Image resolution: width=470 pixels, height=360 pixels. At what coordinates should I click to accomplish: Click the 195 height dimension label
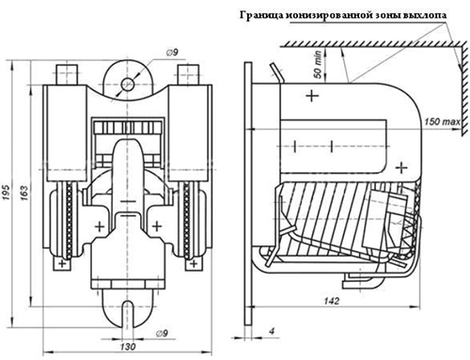click(x=7, y=193)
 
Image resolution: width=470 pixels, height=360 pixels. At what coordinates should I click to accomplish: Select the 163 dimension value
click(x=23, y=193)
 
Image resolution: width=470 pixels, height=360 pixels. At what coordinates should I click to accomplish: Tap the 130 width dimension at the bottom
click(x=128, y=347)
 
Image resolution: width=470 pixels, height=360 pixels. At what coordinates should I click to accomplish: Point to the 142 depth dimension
click(x=332, y=301)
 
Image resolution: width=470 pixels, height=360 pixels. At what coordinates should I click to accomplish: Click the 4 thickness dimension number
click(x=272, y=331)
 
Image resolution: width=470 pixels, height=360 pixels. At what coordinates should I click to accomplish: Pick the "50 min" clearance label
click(x=318, y=64)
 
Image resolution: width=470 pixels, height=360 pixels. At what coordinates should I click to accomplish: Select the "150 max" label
click(x=442, y=121)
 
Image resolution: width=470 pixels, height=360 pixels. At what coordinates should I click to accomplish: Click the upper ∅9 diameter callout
click(x=172, y=53)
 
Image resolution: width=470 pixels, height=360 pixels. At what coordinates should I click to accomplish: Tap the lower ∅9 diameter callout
click(x=162, y=334)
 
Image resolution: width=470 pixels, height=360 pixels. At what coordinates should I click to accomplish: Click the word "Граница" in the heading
click(x=261, y=15)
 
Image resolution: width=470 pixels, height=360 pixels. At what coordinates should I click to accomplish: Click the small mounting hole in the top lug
click(x=128, y=85)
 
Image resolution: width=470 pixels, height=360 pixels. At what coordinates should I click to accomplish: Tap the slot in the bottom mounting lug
click(x=127, y=314)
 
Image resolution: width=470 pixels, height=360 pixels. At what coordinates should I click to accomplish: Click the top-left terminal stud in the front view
click(x=67, y=74)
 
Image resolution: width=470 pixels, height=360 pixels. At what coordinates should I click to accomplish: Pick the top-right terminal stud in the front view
click(x=188, y=74)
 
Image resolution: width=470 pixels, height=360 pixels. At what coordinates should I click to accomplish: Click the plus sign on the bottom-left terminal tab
click(x=62, y=263)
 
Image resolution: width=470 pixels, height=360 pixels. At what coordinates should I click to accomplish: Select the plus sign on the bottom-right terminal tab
click(x=194, y=263)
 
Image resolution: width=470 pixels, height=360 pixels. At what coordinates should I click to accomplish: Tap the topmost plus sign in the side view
click(x=312, y=95)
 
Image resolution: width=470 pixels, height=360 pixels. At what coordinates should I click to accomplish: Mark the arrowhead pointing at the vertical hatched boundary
click(x=460, y=67)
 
